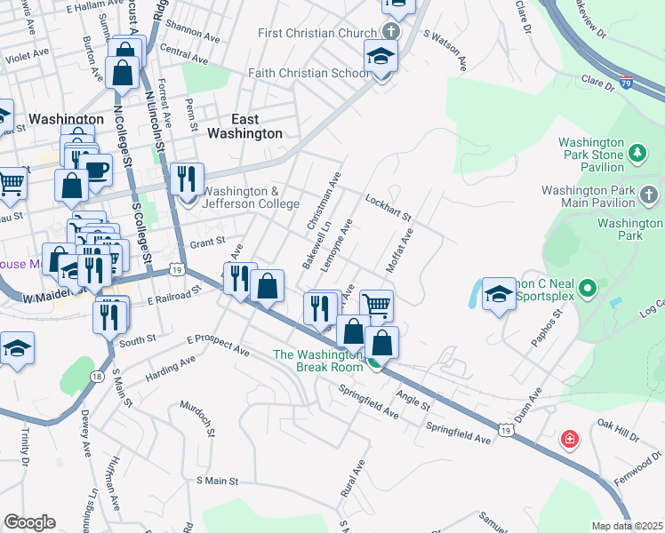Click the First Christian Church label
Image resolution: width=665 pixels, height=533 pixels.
coord(317,34)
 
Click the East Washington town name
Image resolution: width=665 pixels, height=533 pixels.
coord(244,126)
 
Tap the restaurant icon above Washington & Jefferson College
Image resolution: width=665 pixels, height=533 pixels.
coord(186,179)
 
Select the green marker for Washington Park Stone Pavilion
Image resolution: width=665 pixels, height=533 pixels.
coord(637,155)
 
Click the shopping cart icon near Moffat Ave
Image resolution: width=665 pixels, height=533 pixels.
coord(377,305)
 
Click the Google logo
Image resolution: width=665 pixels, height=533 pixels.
coord(29,521)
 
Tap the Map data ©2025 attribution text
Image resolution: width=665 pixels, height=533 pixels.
coord(627,526)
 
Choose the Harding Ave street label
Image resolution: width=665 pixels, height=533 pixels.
coord(170,367)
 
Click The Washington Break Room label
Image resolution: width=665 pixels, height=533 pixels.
coord(317,361)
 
